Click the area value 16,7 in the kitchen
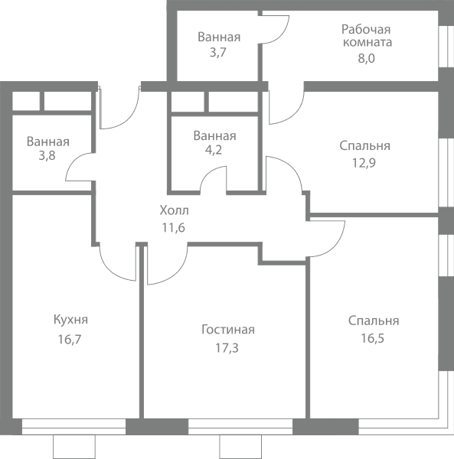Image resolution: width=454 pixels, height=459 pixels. tap(70, 340)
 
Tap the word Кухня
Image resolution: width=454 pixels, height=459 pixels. tap(70, 320)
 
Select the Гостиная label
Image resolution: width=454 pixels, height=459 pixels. tap(228, 330)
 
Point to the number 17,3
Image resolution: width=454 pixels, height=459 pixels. tap(227, 348)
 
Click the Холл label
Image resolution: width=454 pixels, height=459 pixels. tap(175, 210)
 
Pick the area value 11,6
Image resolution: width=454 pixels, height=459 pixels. tap(174, 227)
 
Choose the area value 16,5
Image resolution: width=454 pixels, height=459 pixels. tap(373, 338)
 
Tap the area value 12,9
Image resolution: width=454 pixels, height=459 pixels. tap(364, 163)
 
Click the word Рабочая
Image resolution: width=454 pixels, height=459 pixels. tap(366, 30)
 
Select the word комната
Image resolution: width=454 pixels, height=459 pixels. tap(367, 42)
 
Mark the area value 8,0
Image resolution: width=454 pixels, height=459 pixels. tap(367, 59)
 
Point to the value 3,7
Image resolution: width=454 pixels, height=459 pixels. tap(218, 53)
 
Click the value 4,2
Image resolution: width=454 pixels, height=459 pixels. tap(214, 150)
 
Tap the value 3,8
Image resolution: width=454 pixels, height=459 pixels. tap(47, 156)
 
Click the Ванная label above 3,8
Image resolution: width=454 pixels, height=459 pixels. tap(48, 142)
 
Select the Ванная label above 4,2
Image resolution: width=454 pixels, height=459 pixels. tap(214, 136)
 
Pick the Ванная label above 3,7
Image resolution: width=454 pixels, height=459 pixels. tap(219, 37)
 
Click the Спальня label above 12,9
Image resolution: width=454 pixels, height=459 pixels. tap(364, 146)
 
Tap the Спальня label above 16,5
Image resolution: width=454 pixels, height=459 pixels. tap(374, 321)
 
